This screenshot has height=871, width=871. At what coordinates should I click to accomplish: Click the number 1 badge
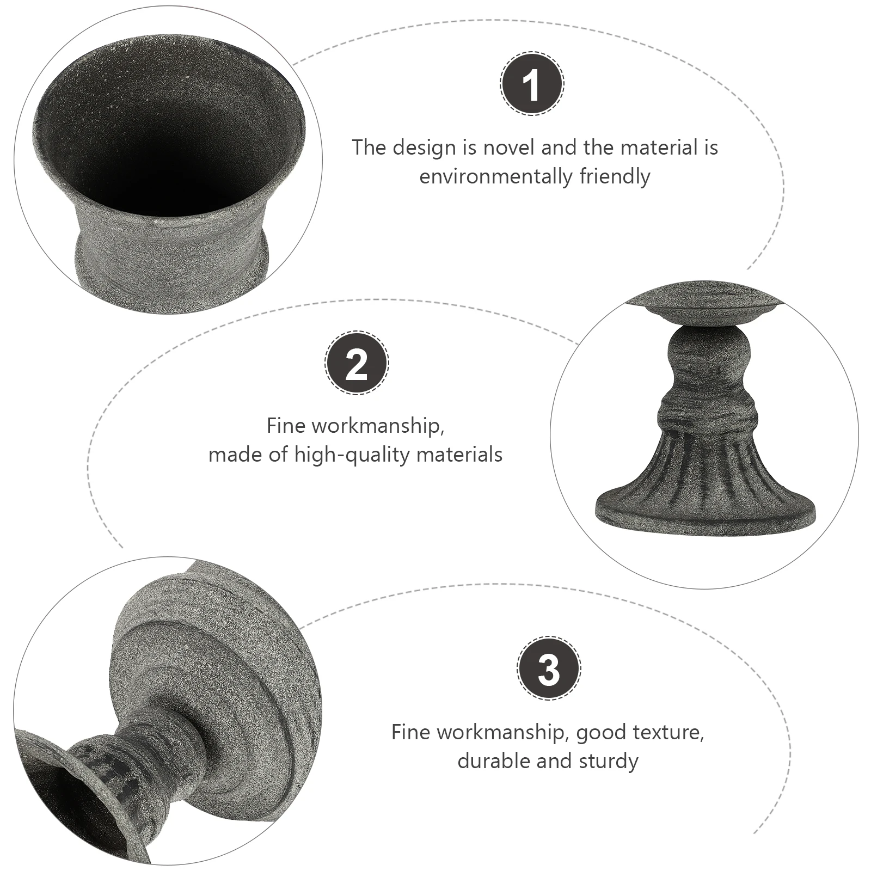532,83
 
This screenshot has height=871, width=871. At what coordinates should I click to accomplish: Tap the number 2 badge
357,363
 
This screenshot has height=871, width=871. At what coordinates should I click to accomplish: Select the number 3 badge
548,668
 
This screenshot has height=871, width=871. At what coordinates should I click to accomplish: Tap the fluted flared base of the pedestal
706,479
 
